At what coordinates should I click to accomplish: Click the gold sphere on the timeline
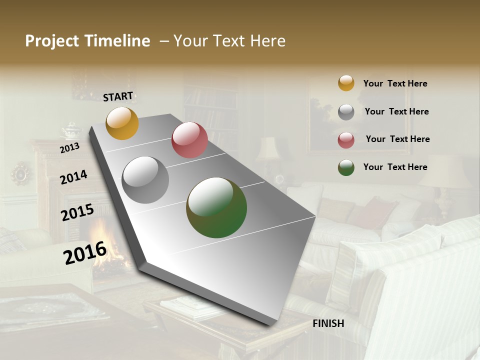coord(122,123)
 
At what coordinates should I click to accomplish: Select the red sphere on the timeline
coord(189,140)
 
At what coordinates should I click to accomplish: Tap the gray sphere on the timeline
coord(145,180)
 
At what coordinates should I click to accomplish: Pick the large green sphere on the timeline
coord(216,207)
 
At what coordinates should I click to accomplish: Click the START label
coord(118,96)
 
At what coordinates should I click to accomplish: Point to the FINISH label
coord(328,323)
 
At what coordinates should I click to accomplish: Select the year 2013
coord(69,148)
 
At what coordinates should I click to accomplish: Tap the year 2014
coord(73,177)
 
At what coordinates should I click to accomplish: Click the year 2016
coord(84,253)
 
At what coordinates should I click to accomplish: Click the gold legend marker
coord(346,83)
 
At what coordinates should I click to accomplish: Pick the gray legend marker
coord(346,112)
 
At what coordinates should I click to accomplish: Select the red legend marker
coord(346,140)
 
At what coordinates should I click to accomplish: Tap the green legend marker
coord(346,167)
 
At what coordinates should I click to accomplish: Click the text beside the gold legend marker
coord(395,84)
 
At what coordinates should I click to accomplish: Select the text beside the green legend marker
coord(395,167)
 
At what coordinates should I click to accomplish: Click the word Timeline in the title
coord(117,41)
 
